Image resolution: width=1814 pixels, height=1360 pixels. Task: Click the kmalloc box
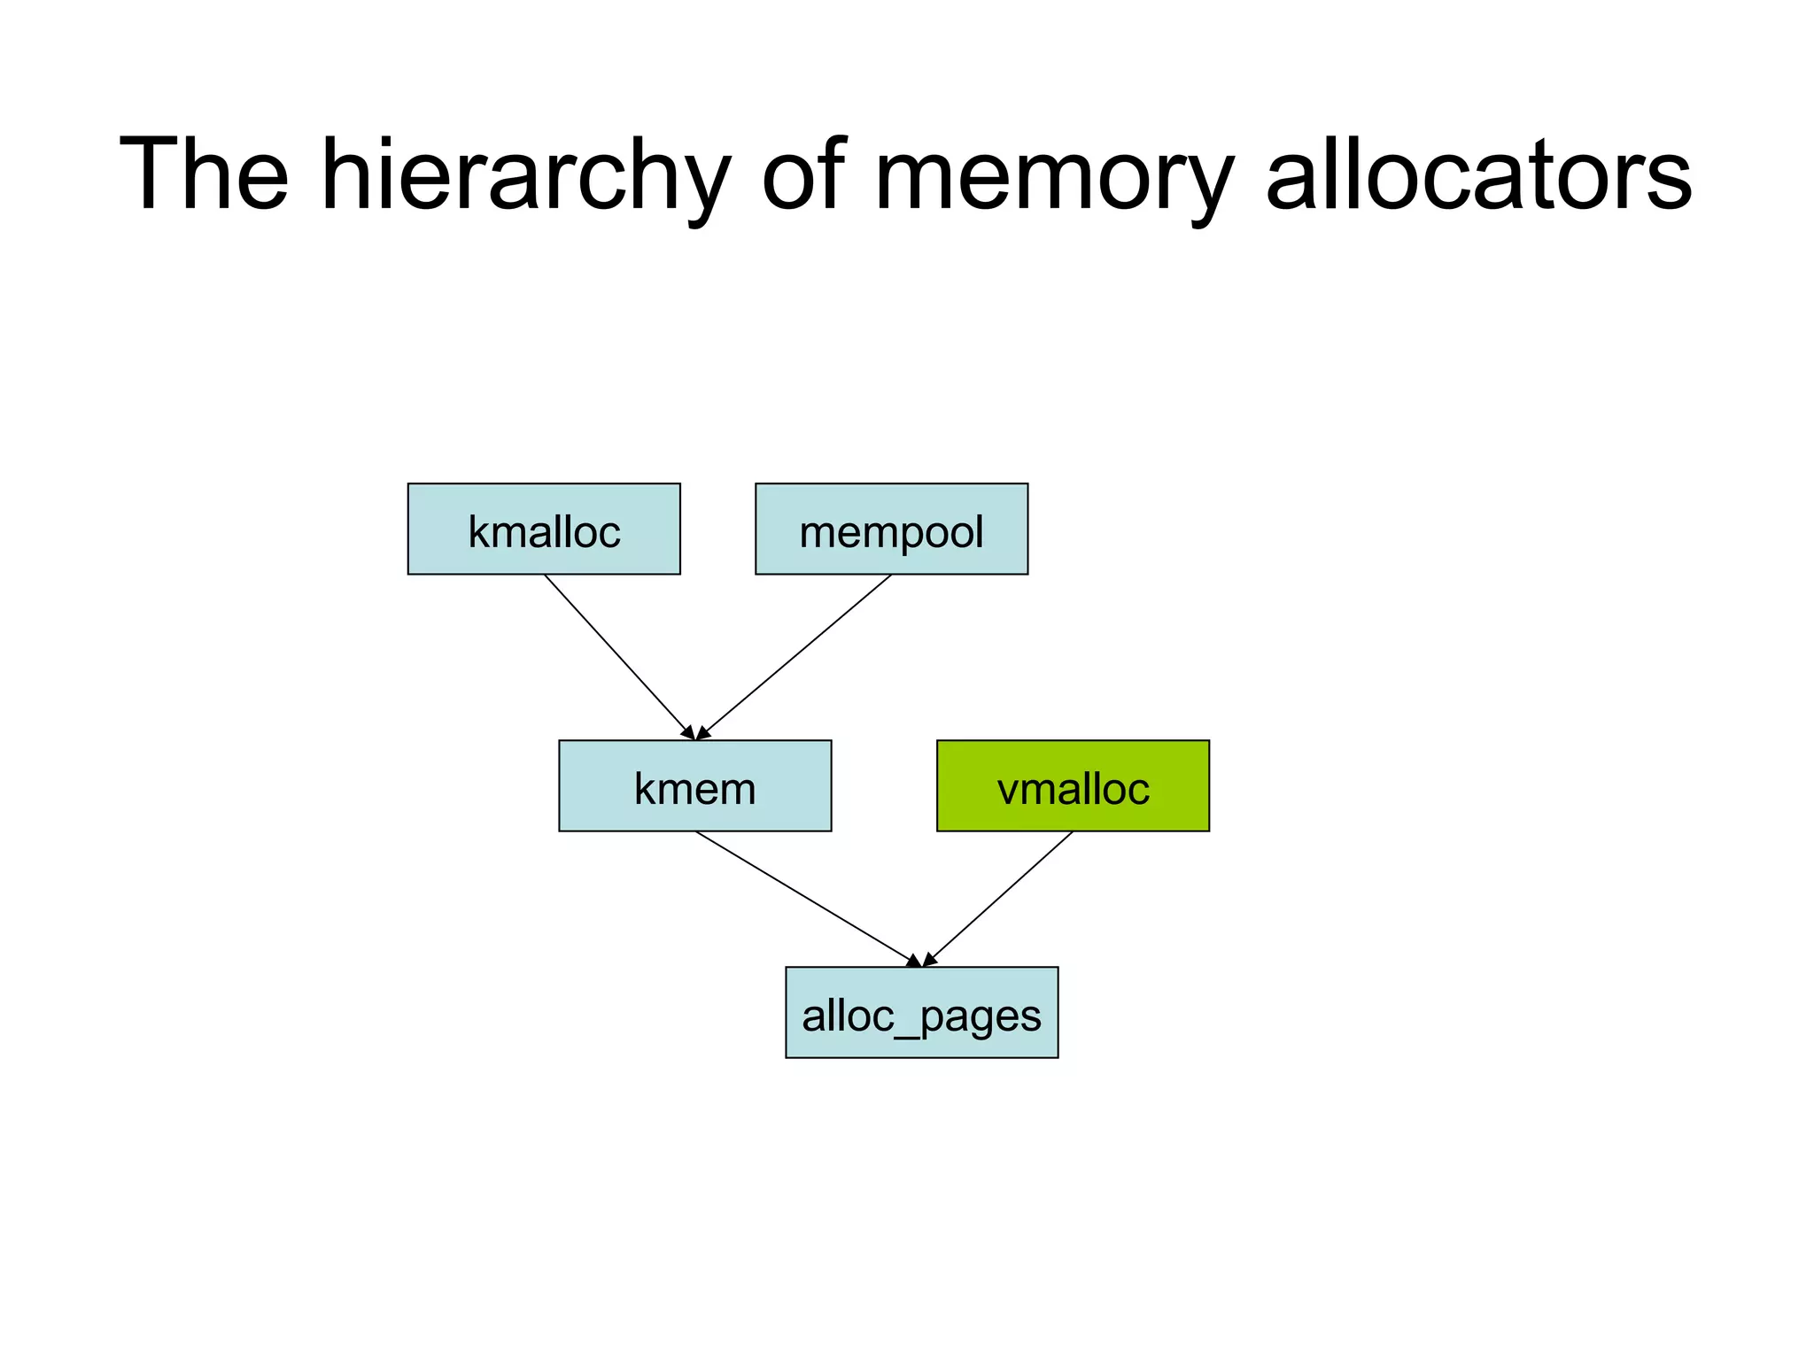[x=544, y=529]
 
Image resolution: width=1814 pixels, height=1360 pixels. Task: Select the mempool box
[x=891, y=529]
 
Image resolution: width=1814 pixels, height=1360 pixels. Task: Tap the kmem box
[x=694, y=785]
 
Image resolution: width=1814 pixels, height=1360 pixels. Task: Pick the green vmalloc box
[x=1073, y=785]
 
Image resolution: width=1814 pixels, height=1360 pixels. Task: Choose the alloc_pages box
[x=921, y=1012]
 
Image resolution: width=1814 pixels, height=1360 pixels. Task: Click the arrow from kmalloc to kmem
[x=617, y=656]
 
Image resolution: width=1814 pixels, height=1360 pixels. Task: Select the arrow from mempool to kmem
[x=795, y=656]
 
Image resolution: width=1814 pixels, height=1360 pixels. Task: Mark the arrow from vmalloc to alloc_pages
[x=998, y=898]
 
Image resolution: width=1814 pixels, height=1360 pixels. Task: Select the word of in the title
[x=802, y=174]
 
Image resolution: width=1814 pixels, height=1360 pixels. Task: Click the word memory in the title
[x=1054, y=174]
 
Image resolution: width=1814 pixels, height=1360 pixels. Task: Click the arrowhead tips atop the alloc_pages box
[x=921, y=962]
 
